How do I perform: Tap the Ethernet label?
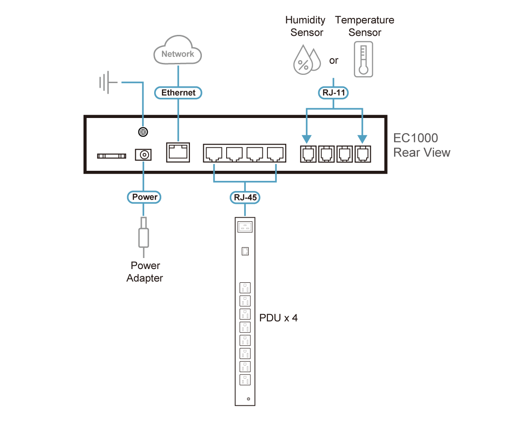tap(178, 93)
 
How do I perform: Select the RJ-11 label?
tap(333, 93)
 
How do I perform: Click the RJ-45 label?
tap(245, 198)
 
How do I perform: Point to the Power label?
tap(145, 197)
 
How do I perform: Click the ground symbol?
tap(105, 83)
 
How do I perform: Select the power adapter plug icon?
tap(144, 236)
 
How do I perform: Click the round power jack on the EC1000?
tap(144, 155)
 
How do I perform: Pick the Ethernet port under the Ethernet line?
tap(178, 152)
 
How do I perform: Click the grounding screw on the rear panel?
tap(144, 132)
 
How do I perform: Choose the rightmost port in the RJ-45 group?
tap(275, 153)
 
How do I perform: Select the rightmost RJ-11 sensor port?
tap(363, 154)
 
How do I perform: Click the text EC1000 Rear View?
tap(421, 145)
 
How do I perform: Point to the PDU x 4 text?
tap(278, 318)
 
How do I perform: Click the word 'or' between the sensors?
tap(334, 61)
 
